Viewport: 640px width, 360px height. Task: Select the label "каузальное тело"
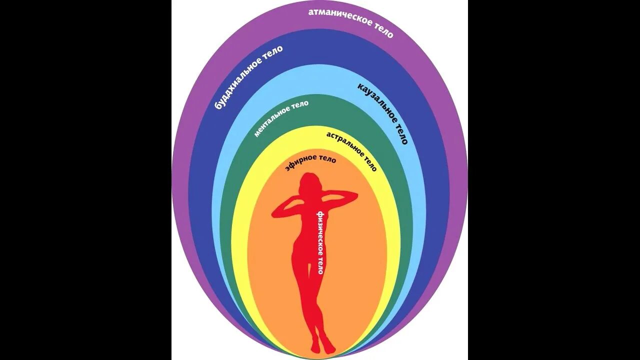(382, 113)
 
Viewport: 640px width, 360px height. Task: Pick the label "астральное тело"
(351, 151)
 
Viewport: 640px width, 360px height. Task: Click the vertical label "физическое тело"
(319, 242)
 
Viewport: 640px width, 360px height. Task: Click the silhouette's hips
(305, 250)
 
